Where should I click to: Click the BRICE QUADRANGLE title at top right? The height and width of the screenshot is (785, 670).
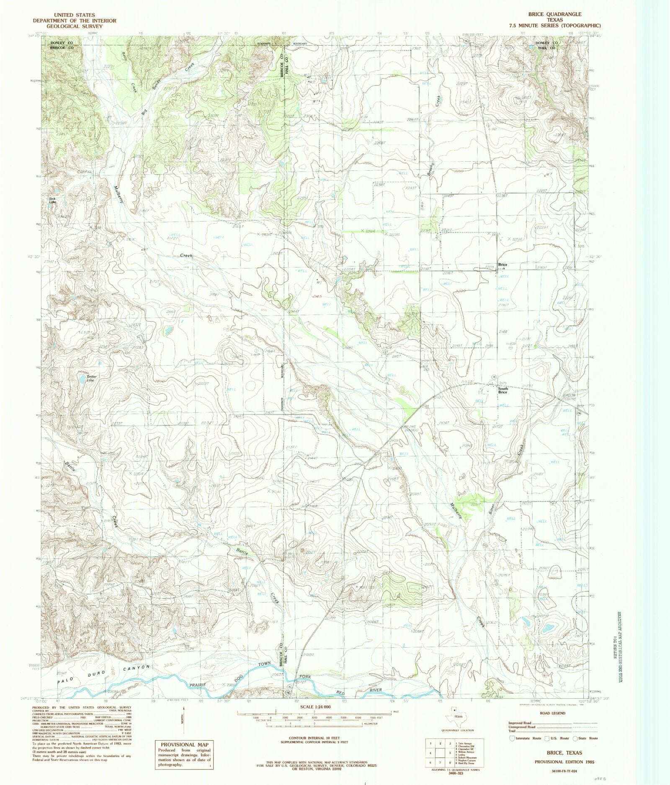tap(554, 14)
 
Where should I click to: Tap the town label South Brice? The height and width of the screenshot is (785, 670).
tap(502, 390)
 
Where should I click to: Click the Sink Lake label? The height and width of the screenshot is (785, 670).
tap(52, 200)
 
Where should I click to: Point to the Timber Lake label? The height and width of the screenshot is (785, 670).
tap(91, 378)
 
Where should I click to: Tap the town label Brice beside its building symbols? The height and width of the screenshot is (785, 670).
tap(502, 265)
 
